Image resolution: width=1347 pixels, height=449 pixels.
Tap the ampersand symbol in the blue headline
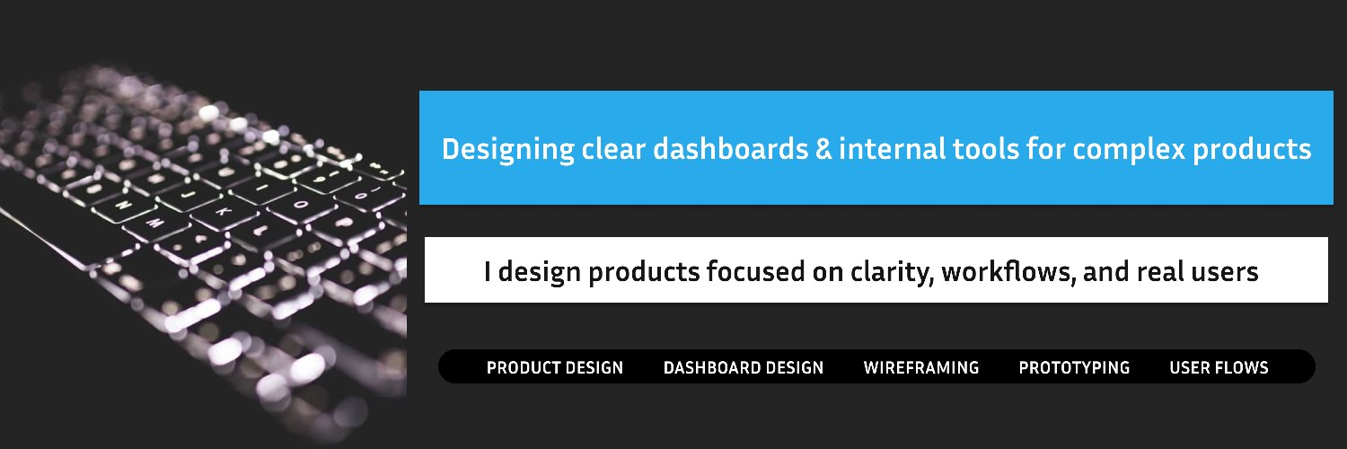[823, 149]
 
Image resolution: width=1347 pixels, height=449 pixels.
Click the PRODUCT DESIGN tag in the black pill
[554, 367]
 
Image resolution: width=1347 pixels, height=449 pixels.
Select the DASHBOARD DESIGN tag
[743, 367]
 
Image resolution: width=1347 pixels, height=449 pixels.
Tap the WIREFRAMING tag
[920, 367]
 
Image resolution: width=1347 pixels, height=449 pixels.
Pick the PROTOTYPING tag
[1074, 367]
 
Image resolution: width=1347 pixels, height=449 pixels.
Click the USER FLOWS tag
[1219, 367]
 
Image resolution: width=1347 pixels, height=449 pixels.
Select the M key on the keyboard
[154, 222]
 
